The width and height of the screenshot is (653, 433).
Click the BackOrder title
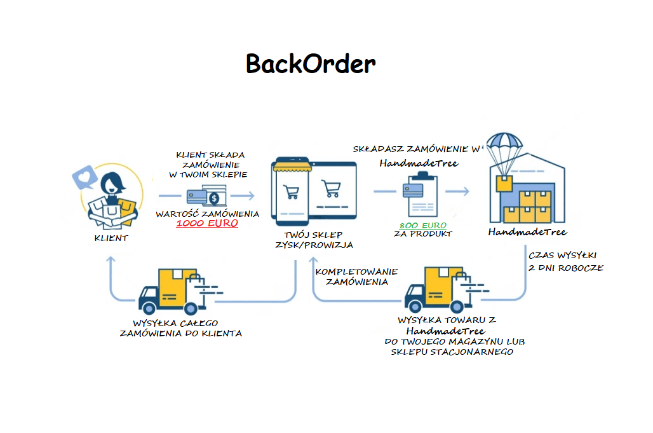click(x=311, y=64)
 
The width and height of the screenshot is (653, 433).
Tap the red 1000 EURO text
click(x=207, y=224)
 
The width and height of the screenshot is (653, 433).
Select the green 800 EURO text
click(x=422, y=226)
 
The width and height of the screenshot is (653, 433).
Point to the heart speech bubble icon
click(x=84, y=176)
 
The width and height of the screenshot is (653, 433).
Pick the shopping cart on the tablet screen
click(x=330, y=189)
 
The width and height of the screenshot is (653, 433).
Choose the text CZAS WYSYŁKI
click(x=562, y=256)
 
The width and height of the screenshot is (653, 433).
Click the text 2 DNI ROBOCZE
click(x=565, y=268)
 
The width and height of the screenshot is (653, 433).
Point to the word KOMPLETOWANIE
click(x=357, y=271)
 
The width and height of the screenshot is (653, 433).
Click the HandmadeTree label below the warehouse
click(x=527, y=232)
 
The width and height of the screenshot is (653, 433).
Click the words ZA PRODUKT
click(x=423, y=234)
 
